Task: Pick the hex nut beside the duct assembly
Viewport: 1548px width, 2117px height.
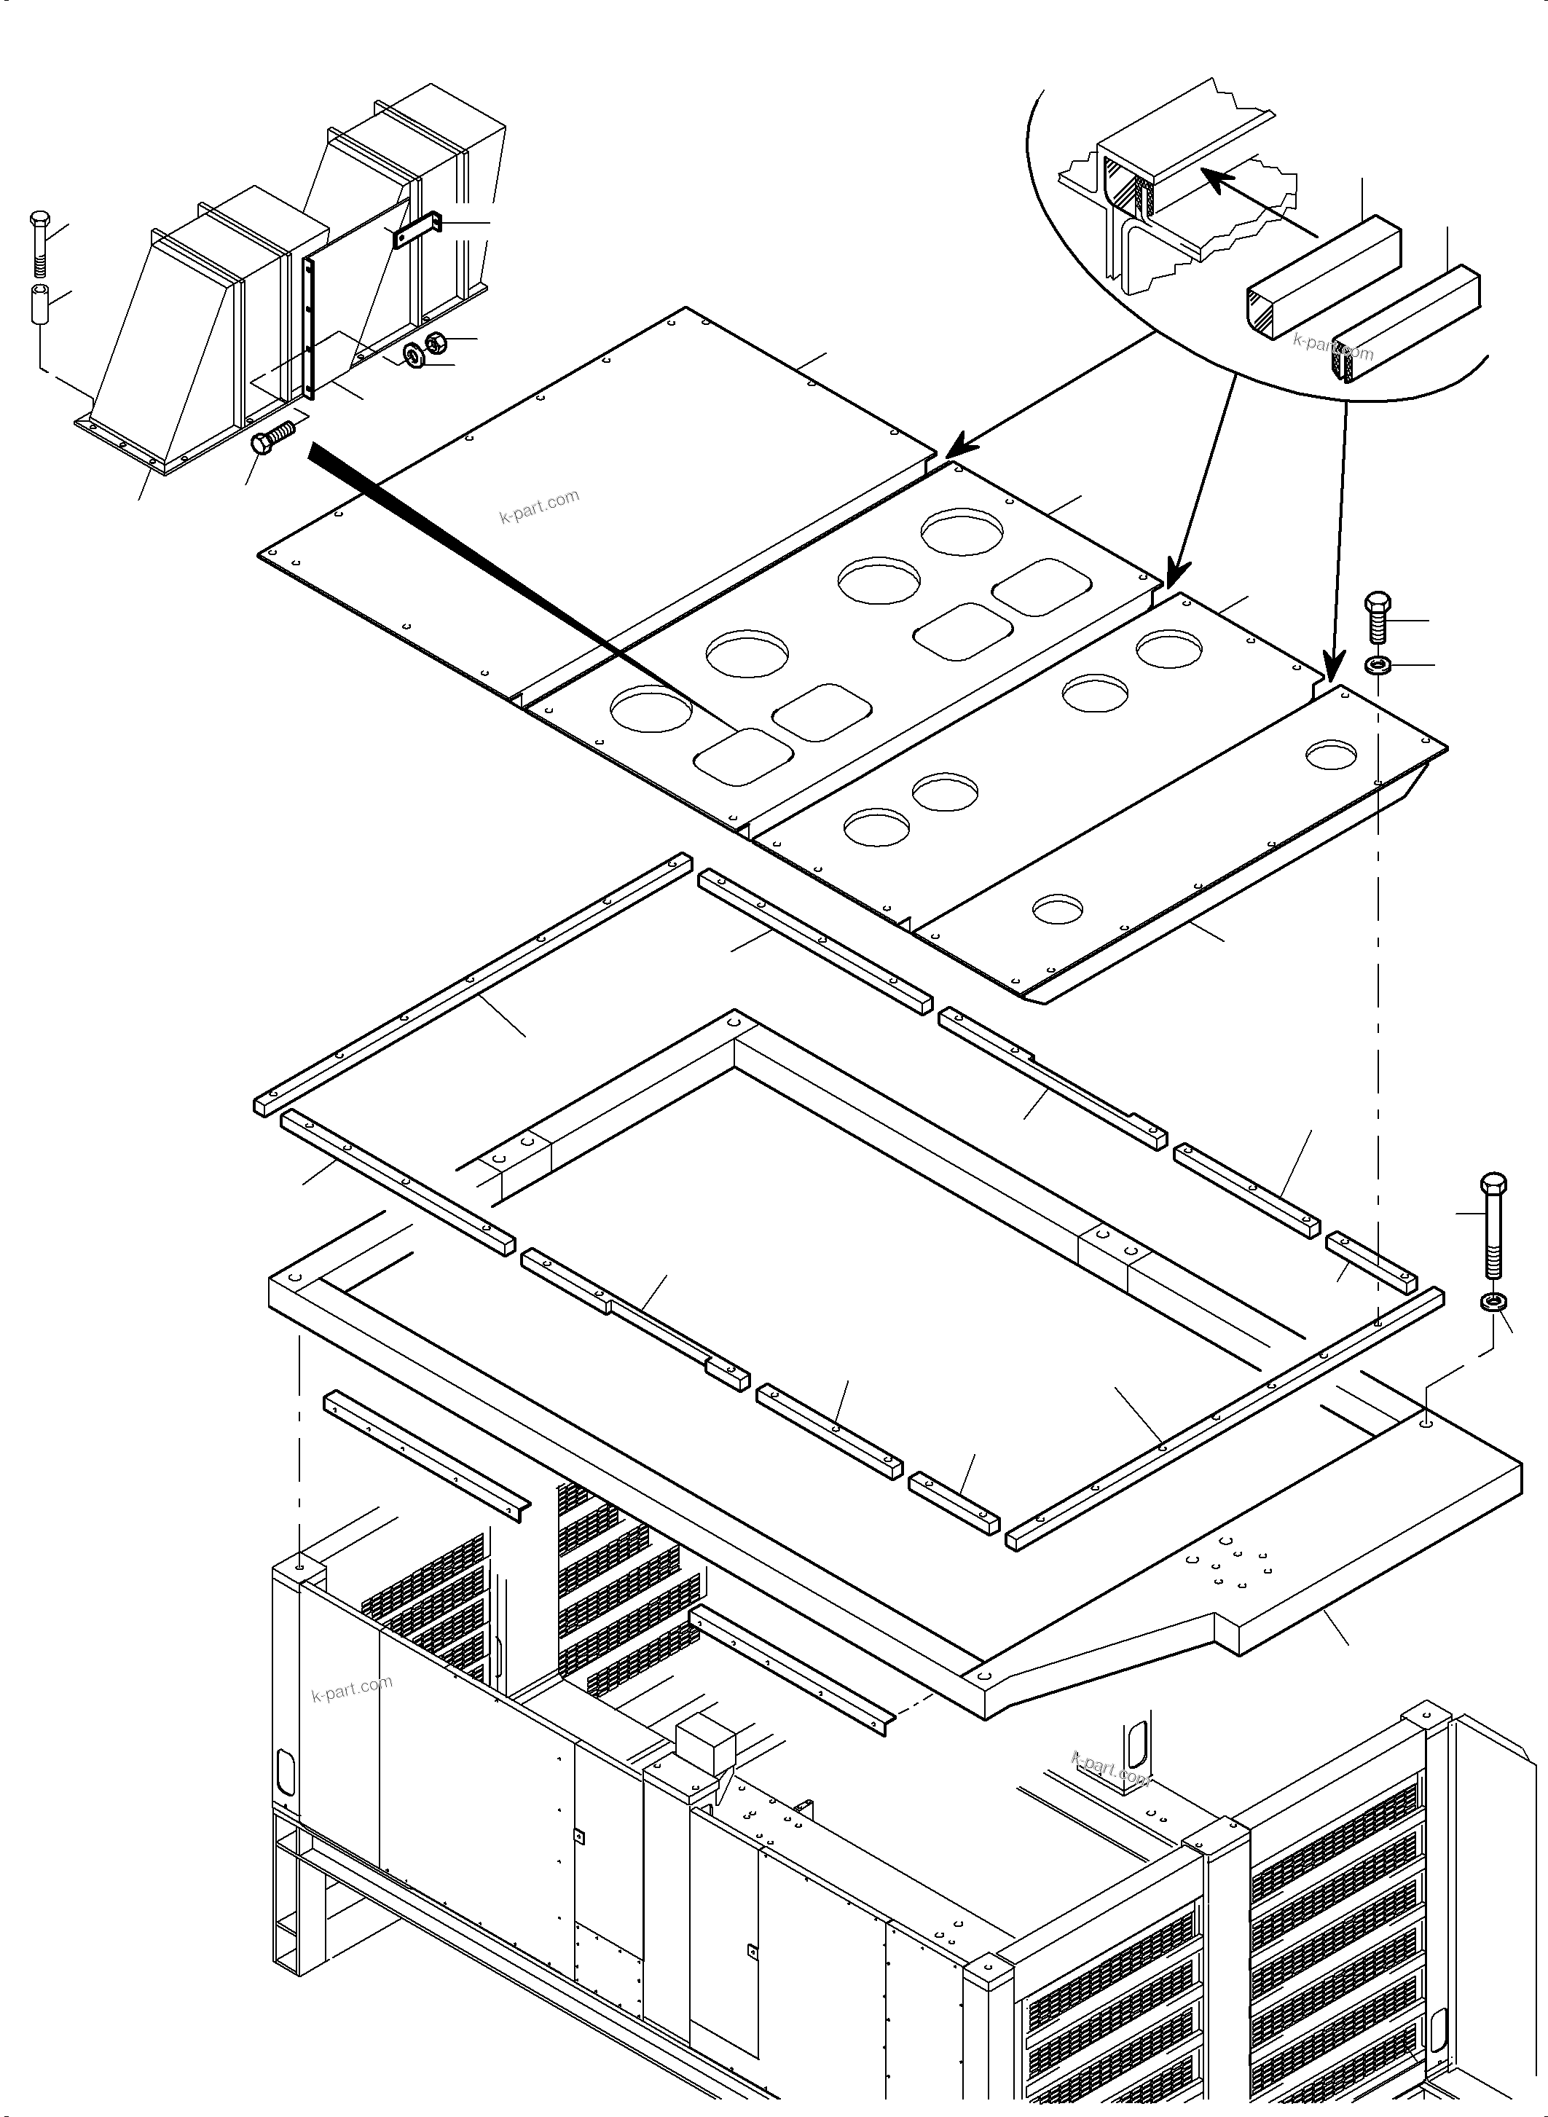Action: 435,342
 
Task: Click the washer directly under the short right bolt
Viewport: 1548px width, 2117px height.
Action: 1378,665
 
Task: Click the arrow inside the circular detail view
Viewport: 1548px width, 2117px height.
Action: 1256,202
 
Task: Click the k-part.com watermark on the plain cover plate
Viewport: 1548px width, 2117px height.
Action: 539,507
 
